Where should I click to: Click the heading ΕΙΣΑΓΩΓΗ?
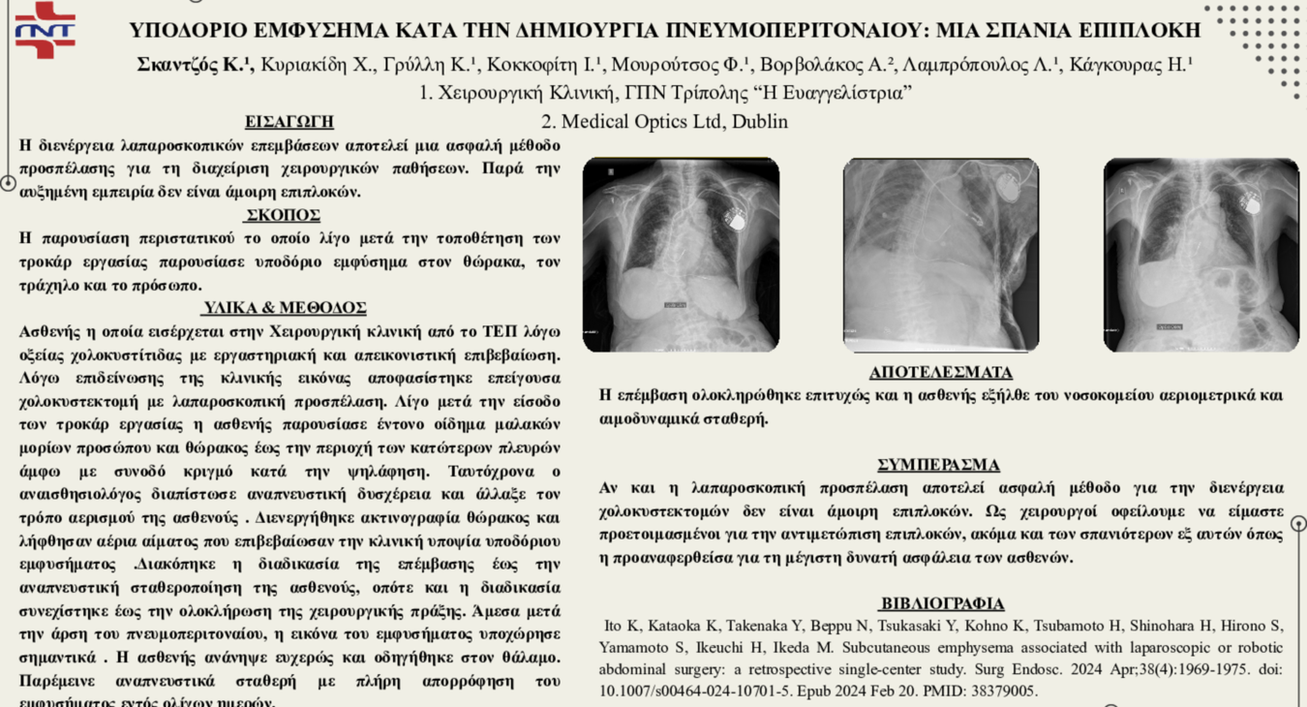pyautogui.click(x=289, y=122)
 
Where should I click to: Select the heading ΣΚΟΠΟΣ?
pyautogui.click(x=282, y=215)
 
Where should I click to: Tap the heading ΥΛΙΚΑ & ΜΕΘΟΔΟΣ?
pyautogui.click(x=284, y=308)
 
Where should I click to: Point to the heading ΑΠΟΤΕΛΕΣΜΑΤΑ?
pyautogui.click(x=940, y=373)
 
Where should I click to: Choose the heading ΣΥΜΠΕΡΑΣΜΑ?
pyautogui.click(x=938, y=465)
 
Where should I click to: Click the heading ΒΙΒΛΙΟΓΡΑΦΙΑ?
pyautogui.click(x=941, y=603)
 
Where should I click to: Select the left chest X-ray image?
pyautogui.click(x=681, y=254)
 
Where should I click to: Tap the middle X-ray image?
pyautogui.click(x=940, y=254)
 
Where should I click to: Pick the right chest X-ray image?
pyautogui.click(x=1201, y=254)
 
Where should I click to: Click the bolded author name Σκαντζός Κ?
pyautogui.click(x=194, y=66)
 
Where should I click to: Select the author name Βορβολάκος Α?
pyautogui.click(x=827, y=66)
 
